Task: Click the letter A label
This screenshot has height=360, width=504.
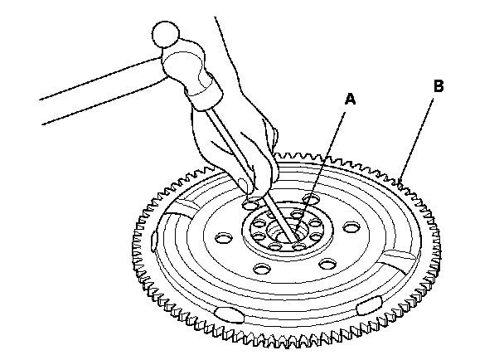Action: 351,99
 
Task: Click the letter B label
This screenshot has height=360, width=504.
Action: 439,85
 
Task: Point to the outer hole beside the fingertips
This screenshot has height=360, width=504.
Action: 248,203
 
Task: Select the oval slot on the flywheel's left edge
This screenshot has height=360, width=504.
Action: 155,241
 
